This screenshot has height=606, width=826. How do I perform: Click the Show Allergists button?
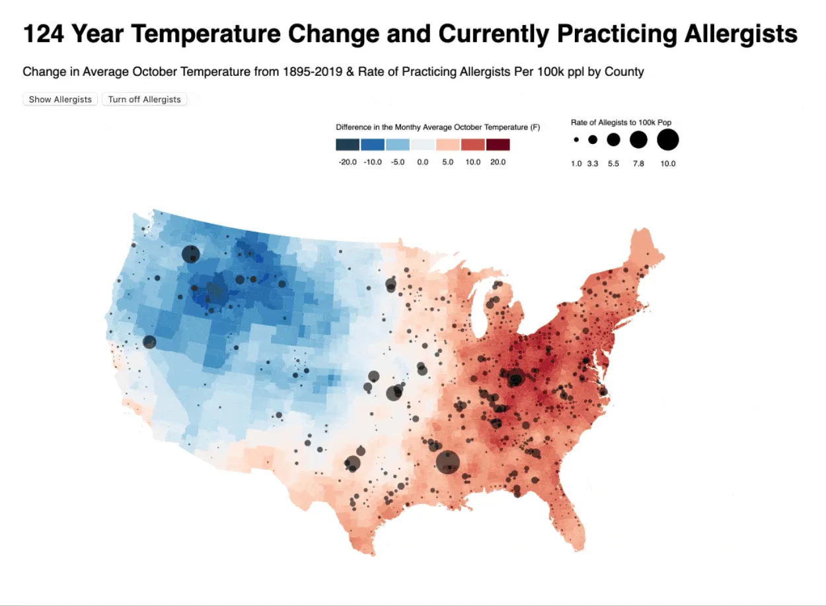coord(60,100)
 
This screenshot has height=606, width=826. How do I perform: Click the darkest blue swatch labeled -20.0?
coord(348,145)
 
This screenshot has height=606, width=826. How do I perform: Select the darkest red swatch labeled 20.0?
coord(498,145)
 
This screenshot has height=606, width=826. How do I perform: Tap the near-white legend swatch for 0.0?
coord(422,145)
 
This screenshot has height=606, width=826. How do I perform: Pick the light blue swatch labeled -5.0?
coord(397,145)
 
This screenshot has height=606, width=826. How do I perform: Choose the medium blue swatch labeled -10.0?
coord(373,145)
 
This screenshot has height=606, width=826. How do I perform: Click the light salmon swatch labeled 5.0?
coord(447,145)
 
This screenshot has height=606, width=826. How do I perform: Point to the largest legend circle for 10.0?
coord(667,140)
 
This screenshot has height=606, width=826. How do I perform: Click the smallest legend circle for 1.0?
coord(576,140)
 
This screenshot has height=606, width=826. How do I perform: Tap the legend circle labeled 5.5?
coord(613,140)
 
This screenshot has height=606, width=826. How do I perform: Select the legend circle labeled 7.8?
coord(638,140)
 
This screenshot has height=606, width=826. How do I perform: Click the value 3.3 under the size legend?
coord(592,163)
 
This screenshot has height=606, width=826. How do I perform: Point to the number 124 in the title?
coord(44,34)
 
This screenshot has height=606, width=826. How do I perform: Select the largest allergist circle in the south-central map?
coord(448,462)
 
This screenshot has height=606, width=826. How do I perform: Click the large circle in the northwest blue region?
coord(191,254)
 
